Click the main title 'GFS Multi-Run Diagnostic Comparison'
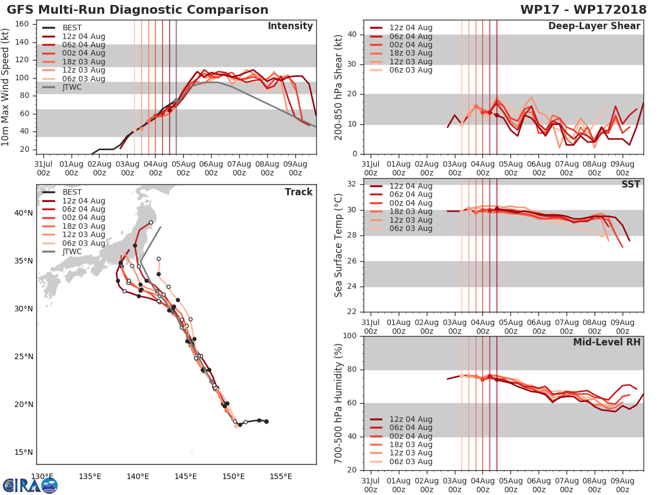pyautogui.click(x=137, y=10)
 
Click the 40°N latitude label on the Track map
pyautogui.click(x=23, y=213)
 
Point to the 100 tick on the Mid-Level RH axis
pyautogui.click(x=351, y=336)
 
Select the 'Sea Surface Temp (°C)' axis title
pyautogui.click(x=339, y=245)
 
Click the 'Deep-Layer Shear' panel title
pyautogui.click(x=594, y=26)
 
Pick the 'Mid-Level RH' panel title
pyautogui.click(x=607, y=343)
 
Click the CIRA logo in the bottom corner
pyautogui.click(x=30, y=485)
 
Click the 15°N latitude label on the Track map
pyautogui.click(x=23, y=452)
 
